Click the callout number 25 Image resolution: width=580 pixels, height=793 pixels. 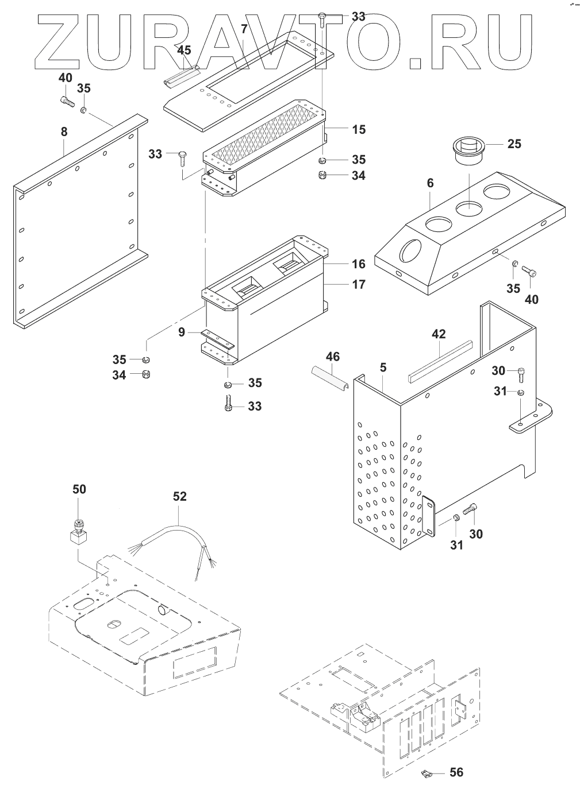tap(514, 143)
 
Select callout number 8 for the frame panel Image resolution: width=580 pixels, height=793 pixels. tap(64, 131)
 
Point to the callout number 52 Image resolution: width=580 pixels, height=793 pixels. tap(180, 496)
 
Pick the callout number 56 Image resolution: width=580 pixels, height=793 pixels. tap(457, 772)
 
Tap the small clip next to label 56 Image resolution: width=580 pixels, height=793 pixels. tap(427, 774)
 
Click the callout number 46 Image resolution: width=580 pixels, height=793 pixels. tap(333, 357)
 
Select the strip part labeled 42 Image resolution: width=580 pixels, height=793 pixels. tap(440, 362)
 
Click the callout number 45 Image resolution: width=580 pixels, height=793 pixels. tap(184, 51)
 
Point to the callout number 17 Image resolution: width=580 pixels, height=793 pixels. tap(359, 284)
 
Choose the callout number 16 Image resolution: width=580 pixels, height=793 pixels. tap(359, 264)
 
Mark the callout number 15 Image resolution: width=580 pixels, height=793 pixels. tap(359, 129)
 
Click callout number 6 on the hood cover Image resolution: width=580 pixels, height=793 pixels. tap(430, 183)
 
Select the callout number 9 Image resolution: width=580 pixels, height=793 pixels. tap(181, 332)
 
